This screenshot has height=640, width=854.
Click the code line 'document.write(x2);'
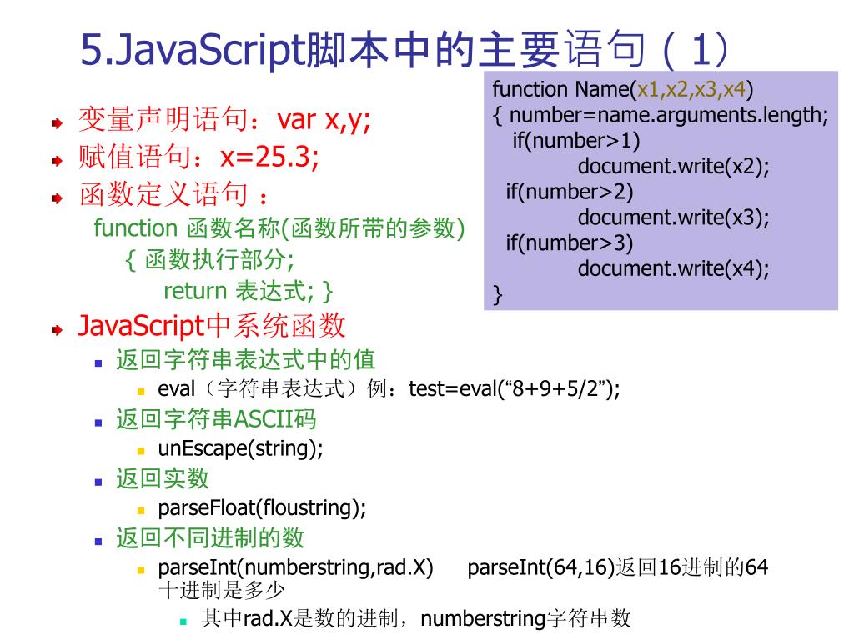pyautogui.click(x=673, y=166)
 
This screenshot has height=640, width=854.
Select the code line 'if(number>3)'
pyautogui.click(x=570, y=242)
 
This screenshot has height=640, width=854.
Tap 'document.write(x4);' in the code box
pyautogui.click(x=673, y=268)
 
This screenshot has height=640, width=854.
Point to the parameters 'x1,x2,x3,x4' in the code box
pyautogui.click(x=691, y=89)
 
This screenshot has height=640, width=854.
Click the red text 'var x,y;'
pyautogui.click(x=324, y=120)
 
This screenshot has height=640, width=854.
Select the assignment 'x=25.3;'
pyautogui.click(x=269, y=157)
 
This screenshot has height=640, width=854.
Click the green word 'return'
pyautogui.click(x=195, y=291)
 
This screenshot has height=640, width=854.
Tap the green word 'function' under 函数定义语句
pyautogui.click(x=136, y=227)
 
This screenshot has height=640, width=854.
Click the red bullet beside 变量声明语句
pyautogui.click(x=56, y=122)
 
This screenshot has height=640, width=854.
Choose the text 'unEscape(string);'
pyautogui.click(x=240, y=448)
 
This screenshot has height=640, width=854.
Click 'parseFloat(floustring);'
pyautogui.click(x=262, y=507)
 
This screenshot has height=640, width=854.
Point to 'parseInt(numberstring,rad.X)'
pyautogui.click(x=295, y=568)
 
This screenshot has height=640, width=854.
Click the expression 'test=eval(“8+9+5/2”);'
pyautogui.click(x=515, y=389)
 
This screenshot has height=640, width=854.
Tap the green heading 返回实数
pyautogui.click(x=162, y=478)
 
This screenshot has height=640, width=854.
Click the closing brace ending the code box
pyautogui.click(x=498, y=294)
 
